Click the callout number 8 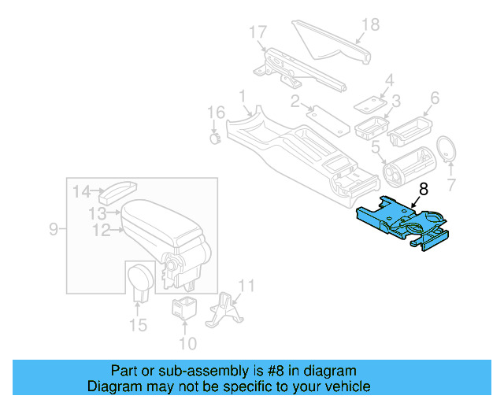click(x=424, y=190)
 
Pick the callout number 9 click(x=54, y=229)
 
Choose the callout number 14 click(x=82, y=190)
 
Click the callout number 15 click(x=138, y=324)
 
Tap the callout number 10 click(x=187, y=343)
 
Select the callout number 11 click(x=246, y=286)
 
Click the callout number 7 click(x=451, y=186)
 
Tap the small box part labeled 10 click(x=183, y=308)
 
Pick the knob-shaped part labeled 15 click(x=141, y=280)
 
